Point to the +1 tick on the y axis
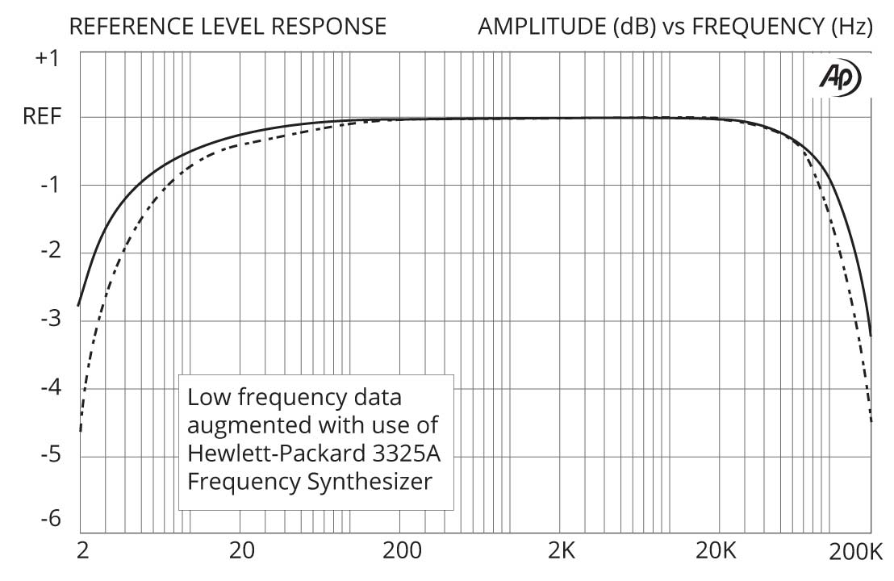(x=48, y=59)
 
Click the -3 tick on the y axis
(x=49, y=321)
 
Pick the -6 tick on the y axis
(x=49, y=519)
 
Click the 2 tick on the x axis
(x=81, y=553)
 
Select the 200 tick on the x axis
(x=401, y=553)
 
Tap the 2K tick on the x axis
(x=560, y=553)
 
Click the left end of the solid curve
(x=79, y=305)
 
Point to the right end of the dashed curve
(x=871, y=420)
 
